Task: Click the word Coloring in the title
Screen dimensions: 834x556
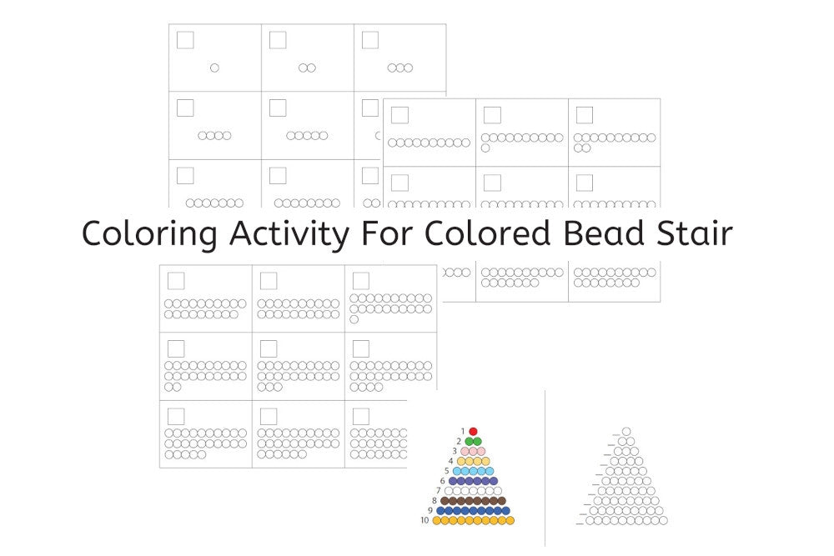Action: coord(149,233)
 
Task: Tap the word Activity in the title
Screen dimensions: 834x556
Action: coord(289,233)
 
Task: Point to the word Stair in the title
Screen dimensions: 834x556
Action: coord(695,233)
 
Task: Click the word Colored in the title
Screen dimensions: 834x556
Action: coord(488,233)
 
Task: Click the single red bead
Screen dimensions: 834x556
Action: coord(473,432)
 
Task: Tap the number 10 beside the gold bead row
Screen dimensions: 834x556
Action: coord(425,520)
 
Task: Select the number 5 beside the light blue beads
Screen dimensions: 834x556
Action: coord(447,471)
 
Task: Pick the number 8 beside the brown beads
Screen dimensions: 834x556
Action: coord(435,500)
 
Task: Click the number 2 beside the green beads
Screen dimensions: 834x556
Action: coord(459,441)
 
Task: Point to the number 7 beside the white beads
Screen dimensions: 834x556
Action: coord(439,491)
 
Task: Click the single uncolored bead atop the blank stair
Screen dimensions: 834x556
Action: coord(626,432)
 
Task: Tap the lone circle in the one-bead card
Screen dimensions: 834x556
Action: coord(214,68)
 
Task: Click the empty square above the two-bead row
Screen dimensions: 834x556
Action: coord(278,40)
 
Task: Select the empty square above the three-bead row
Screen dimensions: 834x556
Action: coord(370,40)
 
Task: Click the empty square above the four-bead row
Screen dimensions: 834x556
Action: coord(185,108)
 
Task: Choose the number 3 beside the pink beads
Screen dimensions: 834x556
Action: coord(455,451)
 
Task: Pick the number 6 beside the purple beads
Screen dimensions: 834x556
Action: coord(443,480)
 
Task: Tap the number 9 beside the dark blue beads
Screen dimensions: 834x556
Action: coord(430,510)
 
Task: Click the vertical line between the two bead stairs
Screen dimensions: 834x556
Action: coord(545,468)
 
